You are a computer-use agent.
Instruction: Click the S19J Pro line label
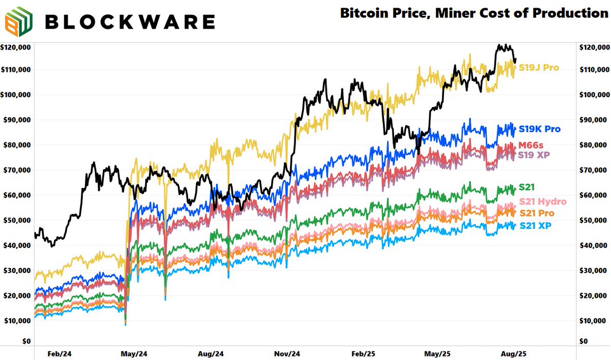coord(539,68)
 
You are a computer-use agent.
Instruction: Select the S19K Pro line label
coord(540,129)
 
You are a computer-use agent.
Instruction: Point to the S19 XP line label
coord(535,154)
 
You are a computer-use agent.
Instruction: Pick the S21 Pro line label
coord(538,213)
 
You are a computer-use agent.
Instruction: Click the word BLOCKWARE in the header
coord(129,22)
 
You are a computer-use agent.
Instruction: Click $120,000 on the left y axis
coord(16,47)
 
